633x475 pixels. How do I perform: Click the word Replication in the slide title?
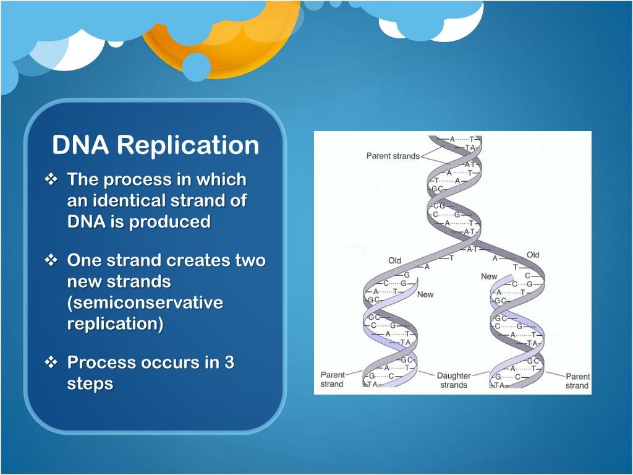187,145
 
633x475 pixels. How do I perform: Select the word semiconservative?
145,303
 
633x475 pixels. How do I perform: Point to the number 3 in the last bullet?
229,362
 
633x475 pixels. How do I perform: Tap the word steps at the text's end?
90,383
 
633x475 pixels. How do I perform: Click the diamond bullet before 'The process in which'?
51,180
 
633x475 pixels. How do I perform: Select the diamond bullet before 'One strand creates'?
51,260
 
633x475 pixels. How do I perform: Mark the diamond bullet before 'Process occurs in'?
51,362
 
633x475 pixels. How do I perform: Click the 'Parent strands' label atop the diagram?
393,156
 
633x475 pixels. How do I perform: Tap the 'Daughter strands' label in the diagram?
454,380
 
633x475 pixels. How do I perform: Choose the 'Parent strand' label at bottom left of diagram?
332,380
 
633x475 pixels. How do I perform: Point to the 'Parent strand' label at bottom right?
577,380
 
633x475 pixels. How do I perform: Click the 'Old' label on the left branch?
395,260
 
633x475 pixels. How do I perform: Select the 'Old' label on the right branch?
532,255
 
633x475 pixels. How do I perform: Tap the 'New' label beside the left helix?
425,294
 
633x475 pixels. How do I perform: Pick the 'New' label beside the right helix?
489,276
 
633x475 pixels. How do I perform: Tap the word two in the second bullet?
250,260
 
